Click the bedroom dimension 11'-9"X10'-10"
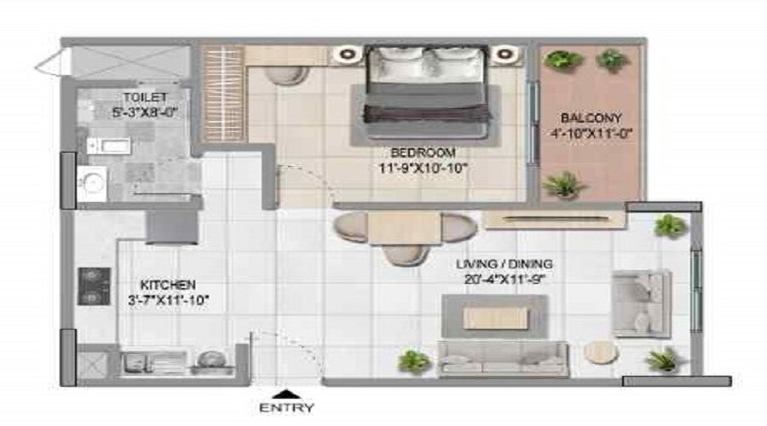pos(424,168)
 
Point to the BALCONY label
pos(591,117)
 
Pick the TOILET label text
pos(145,97)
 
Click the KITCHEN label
pos(168,285)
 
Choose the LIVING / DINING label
pos(504,263)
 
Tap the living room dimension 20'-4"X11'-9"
pos(504,279)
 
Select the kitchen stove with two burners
pos(89,286)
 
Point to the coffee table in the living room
pos(494,318)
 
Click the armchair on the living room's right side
pos(642,303)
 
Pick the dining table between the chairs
pos(404,228)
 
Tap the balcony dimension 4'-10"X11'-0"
pos(591,132)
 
